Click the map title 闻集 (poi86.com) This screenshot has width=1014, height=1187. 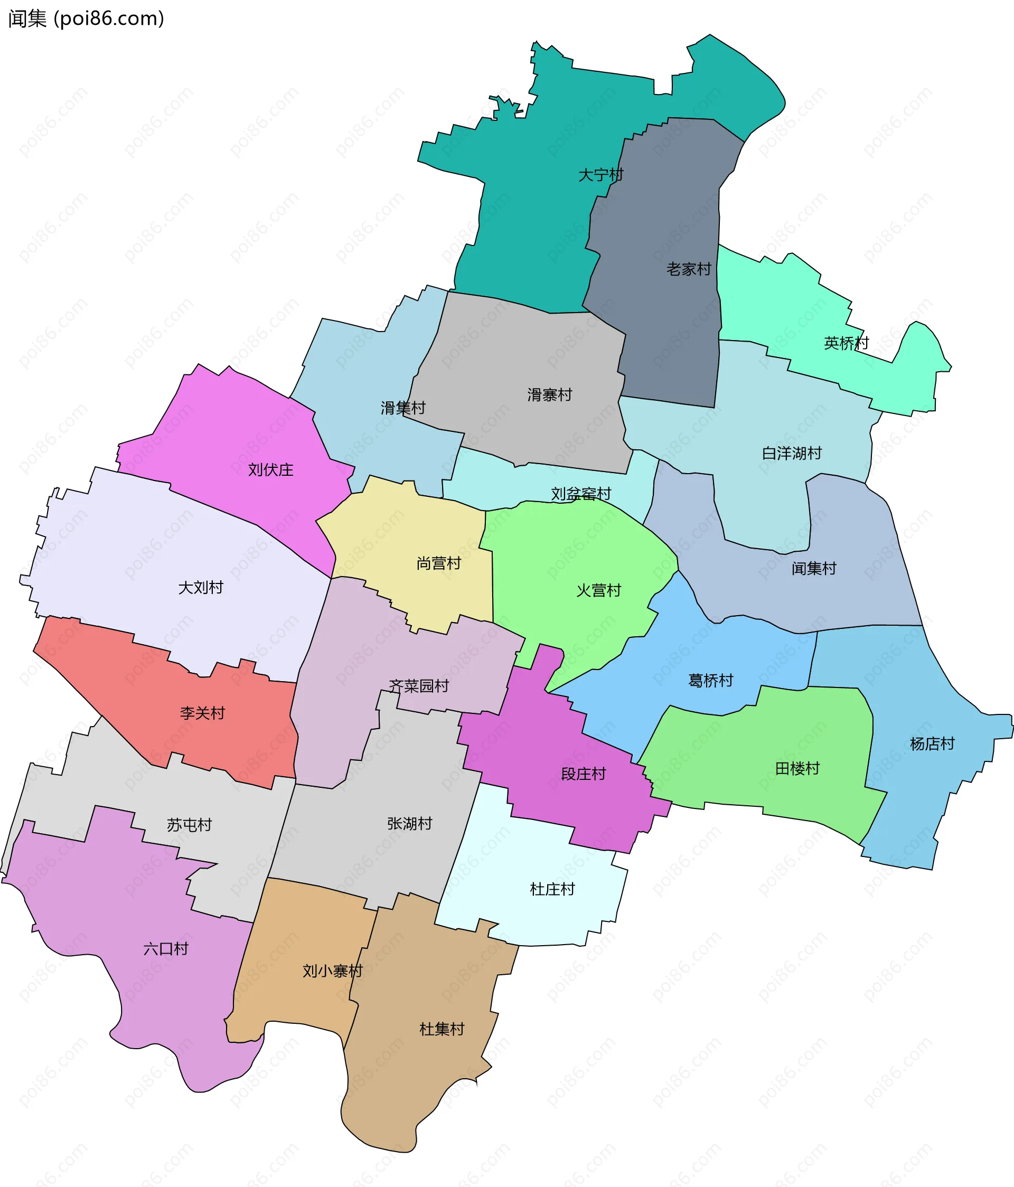(86, 18)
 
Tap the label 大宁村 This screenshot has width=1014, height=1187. (600, 175)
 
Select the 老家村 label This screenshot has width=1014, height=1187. (689, 269)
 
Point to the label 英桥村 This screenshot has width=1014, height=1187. (846, 343)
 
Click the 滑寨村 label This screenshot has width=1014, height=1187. (549, 395)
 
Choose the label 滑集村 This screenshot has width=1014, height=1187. (403, 408)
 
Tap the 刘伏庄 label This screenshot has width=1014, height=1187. (270, 470)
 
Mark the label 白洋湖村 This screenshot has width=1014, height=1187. (792, 453)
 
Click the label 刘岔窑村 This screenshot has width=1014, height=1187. (581, 494)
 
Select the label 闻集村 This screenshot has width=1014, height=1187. (814, 568)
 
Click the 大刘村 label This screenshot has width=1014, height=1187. (201, 587)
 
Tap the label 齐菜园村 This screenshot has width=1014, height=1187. (419, 686)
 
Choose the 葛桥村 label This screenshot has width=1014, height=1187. (710, 680)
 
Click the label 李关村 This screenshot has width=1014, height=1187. (202, 713)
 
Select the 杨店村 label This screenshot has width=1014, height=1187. (932, 743)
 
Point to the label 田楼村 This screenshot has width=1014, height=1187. (797, 768)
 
